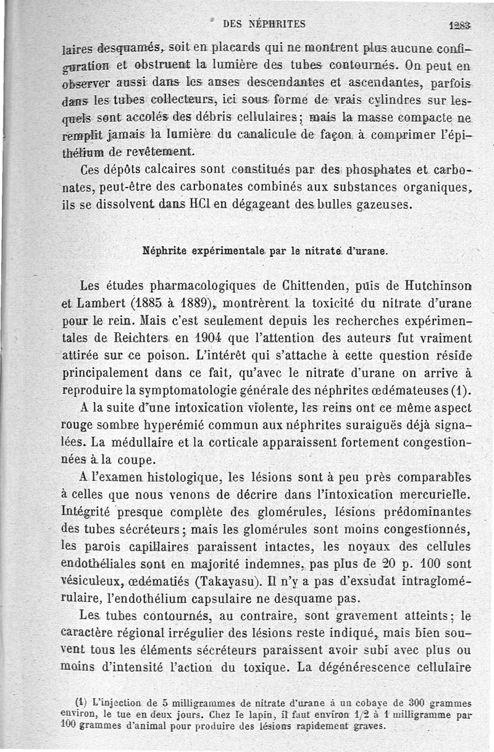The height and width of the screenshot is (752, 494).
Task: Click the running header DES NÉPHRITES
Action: point(264,25)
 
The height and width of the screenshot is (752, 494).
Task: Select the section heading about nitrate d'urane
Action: point(264,251)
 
